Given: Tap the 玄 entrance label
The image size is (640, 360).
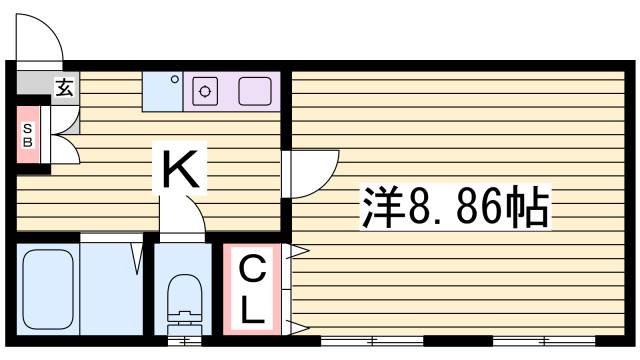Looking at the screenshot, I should (64, 88).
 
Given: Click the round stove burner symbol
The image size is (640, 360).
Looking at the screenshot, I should (207, 91).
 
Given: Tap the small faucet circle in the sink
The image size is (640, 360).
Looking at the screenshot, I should (174, 79).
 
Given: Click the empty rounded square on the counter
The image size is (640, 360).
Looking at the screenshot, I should (254, 90).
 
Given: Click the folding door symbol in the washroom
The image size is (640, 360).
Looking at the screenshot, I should (135, 258).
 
